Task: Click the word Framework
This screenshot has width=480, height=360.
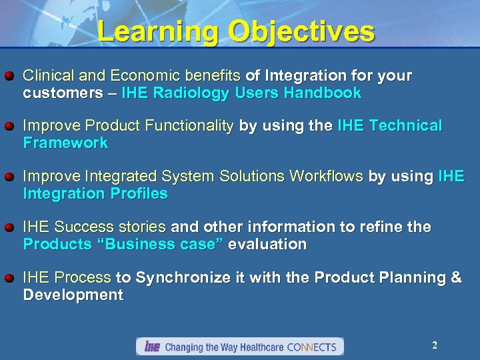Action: pyautogui.click(x=65, y=143)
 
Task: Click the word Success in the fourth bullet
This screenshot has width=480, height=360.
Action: pyautogui.click(x=83, y=227)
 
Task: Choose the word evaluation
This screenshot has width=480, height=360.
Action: pyautogui.click(x=267, y=244)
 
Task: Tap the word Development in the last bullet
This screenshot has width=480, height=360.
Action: pyautogui.click(x=73, y=295)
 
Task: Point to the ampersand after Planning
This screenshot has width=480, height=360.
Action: pyautogui.click(x=456, y=278)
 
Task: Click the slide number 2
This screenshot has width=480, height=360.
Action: pyautogui.click(x=435, y=345)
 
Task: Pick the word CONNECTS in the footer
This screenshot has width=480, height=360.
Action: pyautogui.click(x=314, y=347)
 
